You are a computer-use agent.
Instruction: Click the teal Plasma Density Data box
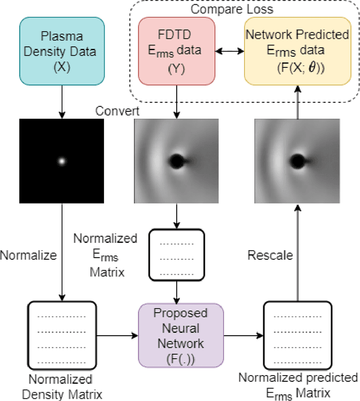pos(62,51)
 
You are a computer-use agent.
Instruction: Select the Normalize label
pos(29,255)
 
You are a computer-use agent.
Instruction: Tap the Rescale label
pos(271,255)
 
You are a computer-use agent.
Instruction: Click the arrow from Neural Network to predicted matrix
pos(244,335)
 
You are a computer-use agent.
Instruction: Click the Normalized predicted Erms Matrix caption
pos(298,384)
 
